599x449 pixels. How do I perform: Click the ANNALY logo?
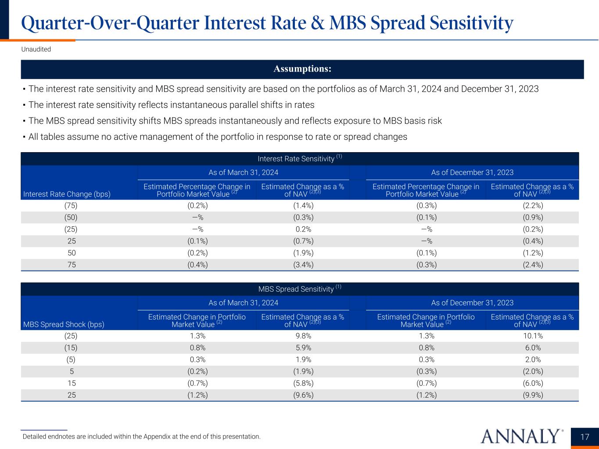pyautogui.click(x=522, y=436)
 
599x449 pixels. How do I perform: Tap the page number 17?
pyautogui.click(x=585, y=437)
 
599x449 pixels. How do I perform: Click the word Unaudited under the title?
pyautogui.click(x=36, y=49)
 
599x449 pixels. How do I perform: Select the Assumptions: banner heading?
pyautogui.click(x=302, y=69)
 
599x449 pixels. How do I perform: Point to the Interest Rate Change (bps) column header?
pyautogui.click(x=67, y=194)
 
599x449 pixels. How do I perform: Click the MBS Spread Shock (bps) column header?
pyautogui.click(x=64, y=324)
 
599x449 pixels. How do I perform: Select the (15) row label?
pyautogui.click(x=71, y=348)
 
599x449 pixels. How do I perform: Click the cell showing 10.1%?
pyautogui.click(x=532, y=336)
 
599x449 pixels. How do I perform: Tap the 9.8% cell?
pyautogui.click(x=302, y=336)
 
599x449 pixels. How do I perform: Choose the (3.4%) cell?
pyautogui.click(x=302, y=265)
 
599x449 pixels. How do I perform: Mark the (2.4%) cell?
pyautogui.click(x=532, y=265)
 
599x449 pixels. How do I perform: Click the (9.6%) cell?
pyautogui.click(x=302, y=395)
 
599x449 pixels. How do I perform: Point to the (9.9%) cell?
pyautogui.click(x=532, y=395)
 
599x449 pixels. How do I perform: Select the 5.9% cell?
pyautogui.click(x=302, y=348)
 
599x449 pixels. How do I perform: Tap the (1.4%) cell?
pyautogui.click(x=302, y=205)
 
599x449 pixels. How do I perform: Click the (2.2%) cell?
pyautogui.click(x=532, y=205)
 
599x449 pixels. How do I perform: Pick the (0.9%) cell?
pyautogui.click(x=532, y=217)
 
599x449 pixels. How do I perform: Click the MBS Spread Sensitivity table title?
pyautogui.click(x=300, y=289)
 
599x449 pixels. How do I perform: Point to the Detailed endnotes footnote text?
pyautogui.click(x=141, y=437)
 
